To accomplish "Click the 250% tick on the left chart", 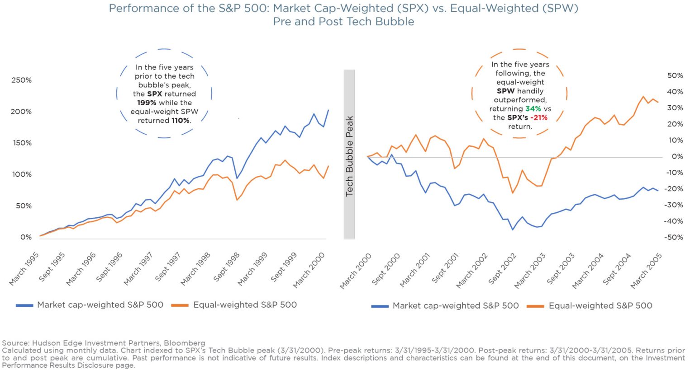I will click(x=21, y=80).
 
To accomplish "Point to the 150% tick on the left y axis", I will click(x=21, y=143).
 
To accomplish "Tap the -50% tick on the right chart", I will click(x=674, y=237).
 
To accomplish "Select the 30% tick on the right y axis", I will click(x=675, y=108).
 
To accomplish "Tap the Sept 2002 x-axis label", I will click(x=502, y=269).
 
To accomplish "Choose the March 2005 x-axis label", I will click(x=646, y=271).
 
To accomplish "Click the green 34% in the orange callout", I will click(x=533, y=109).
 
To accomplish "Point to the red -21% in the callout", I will click(x=539, y=117).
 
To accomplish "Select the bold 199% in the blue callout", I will click(x=147, y=103).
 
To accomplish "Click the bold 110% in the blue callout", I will click(x=180, y=120).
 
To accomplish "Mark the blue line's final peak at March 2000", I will click(x=328, y=110).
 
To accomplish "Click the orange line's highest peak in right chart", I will click(x=643, y=96).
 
